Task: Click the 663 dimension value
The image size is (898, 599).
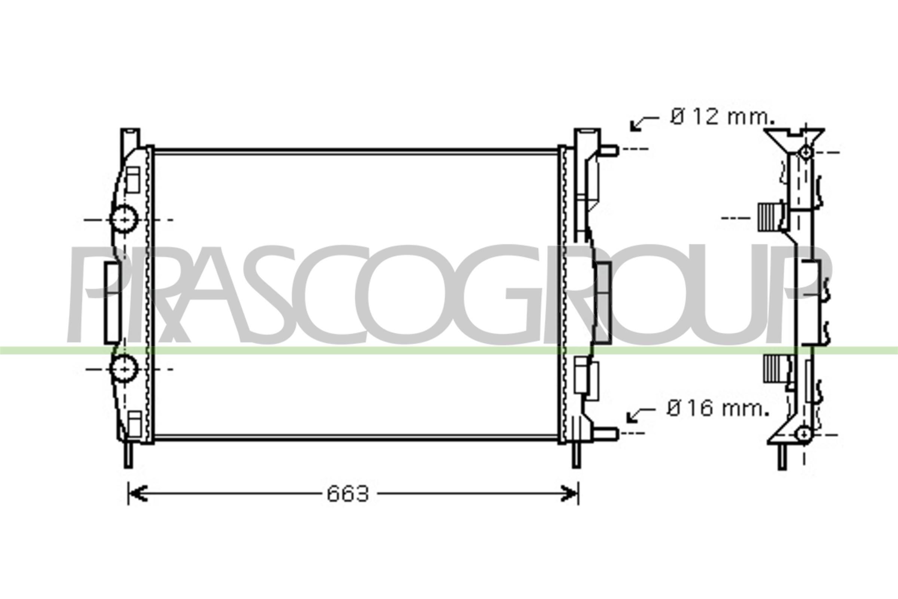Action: [348, 494]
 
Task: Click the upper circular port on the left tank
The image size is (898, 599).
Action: [124, 219]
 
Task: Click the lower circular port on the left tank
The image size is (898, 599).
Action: [124, 369]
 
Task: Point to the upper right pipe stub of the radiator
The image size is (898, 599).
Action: [609, 150]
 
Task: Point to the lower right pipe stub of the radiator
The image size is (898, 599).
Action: [605, 434]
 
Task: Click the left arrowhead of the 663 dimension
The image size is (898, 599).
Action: [137, 494]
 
